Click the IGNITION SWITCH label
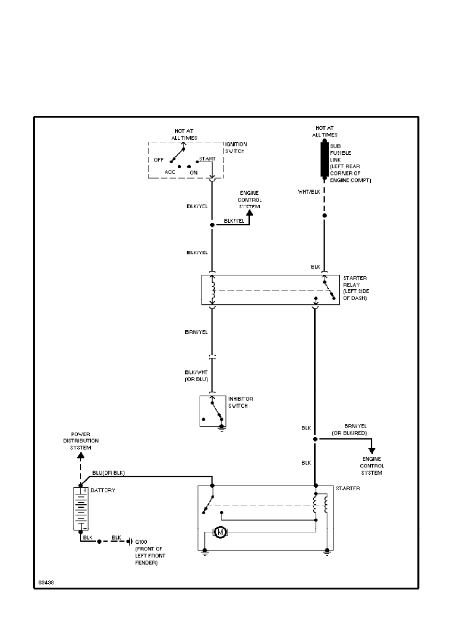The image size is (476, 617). pos(236,147)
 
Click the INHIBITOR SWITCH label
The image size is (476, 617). pos(241,403)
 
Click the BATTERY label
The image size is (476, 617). pos(103,490)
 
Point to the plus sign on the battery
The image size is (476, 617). pos(85,490)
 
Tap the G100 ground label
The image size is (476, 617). pos(141,541)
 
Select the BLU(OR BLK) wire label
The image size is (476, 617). pos(108,472)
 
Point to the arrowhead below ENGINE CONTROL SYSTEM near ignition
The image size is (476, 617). pos(249,212)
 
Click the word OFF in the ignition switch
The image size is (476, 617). pos(159,160)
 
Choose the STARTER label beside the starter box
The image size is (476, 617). pos(347,489)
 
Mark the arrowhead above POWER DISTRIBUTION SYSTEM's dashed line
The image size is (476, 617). pos(80,455)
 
